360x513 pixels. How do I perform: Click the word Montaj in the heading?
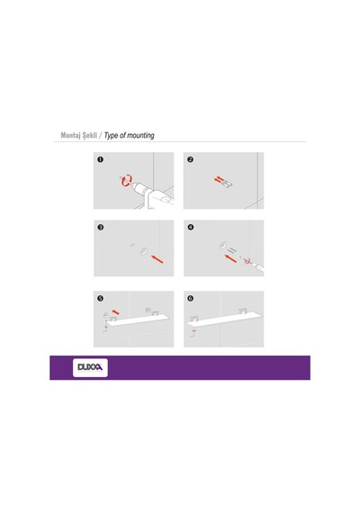point(70,135)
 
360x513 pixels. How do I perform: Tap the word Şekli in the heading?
point(90,135)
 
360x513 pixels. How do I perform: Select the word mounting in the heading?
point(140,135)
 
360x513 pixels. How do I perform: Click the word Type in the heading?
point(111,136)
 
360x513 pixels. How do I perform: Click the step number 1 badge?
point(101,159)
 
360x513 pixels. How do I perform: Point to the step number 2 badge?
point(191,159)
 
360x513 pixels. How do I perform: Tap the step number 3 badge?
point(101,227)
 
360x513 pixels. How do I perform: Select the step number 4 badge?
point(191,227)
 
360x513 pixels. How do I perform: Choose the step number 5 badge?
point(101,299)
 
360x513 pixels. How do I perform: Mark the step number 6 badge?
point(191,299)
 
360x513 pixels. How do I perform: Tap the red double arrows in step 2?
point(219,179)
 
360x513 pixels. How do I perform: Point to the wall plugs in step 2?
point(228,184)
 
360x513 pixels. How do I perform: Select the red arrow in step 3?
point(157,259)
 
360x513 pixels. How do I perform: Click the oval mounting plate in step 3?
point(144,252)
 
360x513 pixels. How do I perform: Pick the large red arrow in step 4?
point(231,258)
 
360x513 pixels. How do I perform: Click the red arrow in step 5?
point(115,312)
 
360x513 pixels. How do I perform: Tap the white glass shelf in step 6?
point(224,319)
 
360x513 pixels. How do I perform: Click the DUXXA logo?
point(90,367)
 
